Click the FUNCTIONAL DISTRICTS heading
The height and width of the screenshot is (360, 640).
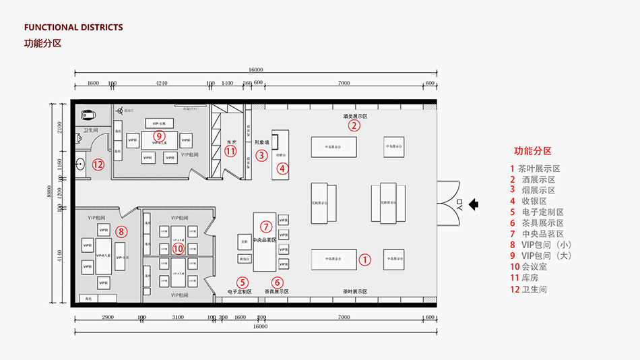73,28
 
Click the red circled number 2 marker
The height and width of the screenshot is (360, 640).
354,125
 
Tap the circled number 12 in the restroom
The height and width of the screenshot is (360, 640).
98,164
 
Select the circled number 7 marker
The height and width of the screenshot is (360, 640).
266,226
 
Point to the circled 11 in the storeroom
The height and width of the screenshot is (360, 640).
231,152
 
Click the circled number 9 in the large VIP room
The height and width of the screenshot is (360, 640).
159,136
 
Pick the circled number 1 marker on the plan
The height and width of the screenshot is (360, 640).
364,259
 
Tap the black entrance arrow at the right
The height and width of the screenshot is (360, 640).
474,202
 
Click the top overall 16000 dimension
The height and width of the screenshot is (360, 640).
255,69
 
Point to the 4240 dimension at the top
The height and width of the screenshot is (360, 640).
162,83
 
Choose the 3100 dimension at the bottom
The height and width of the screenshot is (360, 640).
177,317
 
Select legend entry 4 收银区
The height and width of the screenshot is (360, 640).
529,201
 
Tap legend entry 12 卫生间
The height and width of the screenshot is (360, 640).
529,289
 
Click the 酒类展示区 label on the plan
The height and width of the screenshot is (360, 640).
355,116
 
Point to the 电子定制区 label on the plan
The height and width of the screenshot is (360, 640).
239,292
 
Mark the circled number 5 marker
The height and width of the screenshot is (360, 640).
243,282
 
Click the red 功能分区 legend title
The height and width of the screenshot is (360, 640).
533,151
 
